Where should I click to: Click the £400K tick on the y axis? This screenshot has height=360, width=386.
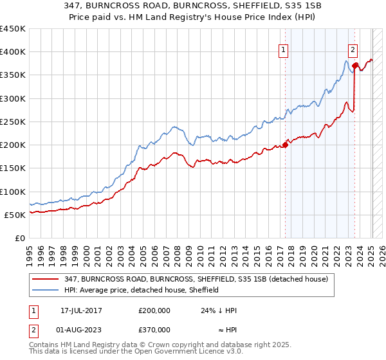click(13, 52)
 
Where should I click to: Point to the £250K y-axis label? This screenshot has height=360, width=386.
click(13, 122)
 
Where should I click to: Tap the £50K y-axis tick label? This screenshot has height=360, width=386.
click(15, 215)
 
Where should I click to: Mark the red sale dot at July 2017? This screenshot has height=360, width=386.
click(285, 145)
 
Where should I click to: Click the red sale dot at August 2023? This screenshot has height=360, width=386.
click(354, 66)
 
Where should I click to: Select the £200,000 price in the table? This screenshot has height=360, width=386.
click(154, 310)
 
